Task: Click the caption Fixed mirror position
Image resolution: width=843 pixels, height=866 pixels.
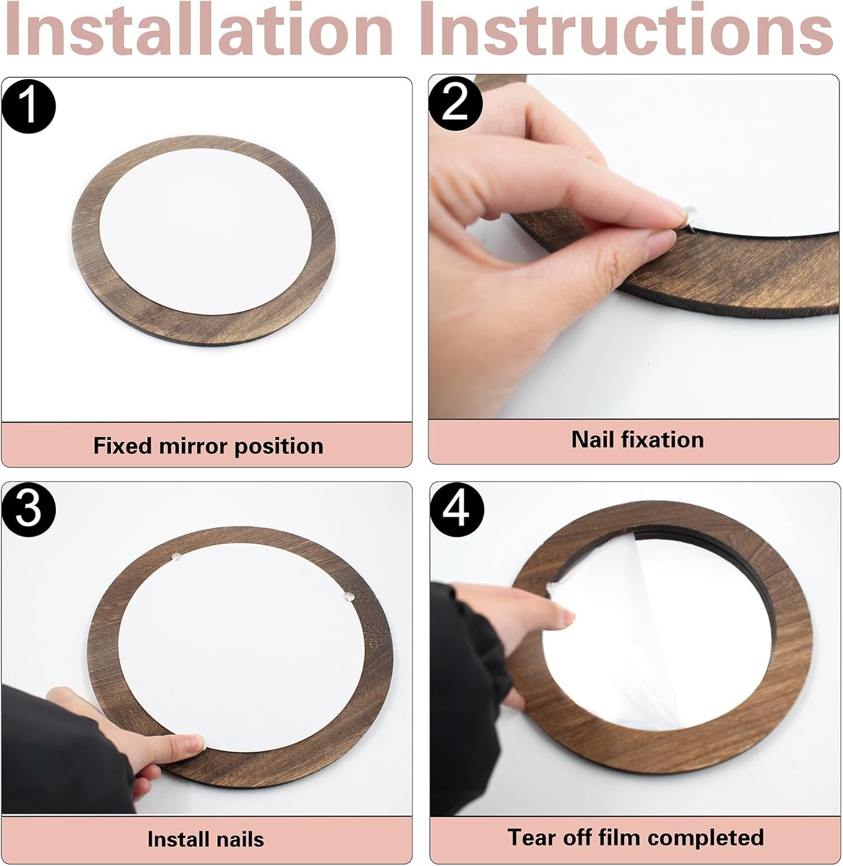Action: pyautogui.click(x=208, y=446)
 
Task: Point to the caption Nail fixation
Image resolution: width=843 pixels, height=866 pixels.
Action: pyautogui.click(x=637, y=440)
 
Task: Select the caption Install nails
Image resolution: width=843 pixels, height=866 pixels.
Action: pyautogui.click(x=206, y=839)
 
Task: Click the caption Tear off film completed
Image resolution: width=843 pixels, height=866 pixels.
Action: pyautogui.click(x=635, y=838)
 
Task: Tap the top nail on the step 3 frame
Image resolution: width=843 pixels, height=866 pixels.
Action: pyautogui.click(x=178, y=556)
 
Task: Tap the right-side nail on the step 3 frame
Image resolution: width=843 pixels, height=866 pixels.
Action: pyautogui.click(x=348, y=595)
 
